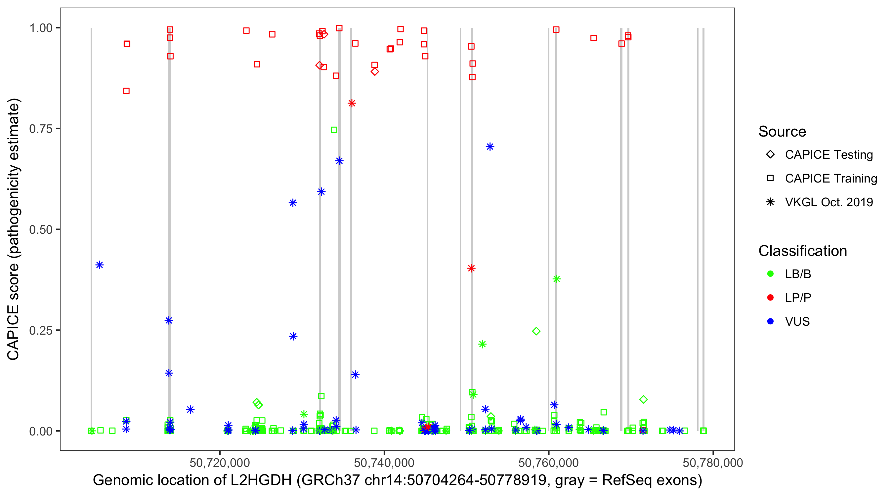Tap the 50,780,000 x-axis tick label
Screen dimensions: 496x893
(713, 463)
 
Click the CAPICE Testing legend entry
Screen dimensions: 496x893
(829, 155)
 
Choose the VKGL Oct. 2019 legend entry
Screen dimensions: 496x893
(829, 202)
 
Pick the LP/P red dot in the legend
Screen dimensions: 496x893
(770, 298)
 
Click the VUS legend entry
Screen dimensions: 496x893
(797, 321)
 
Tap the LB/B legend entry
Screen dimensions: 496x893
(798, 274)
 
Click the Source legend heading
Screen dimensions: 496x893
(782, 132)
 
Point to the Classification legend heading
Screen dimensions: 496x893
(802, 251)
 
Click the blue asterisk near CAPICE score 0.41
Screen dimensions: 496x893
(100, 265)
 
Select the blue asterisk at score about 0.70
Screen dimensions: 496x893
(490, 146)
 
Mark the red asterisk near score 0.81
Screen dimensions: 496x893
(352, 103)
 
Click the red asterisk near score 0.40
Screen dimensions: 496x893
(471, 268)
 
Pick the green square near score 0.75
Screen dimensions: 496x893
(334, 130)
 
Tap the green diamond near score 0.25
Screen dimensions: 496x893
(536, 331)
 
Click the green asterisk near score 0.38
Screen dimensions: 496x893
(556, 279)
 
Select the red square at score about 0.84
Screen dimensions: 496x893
(127, 91)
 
